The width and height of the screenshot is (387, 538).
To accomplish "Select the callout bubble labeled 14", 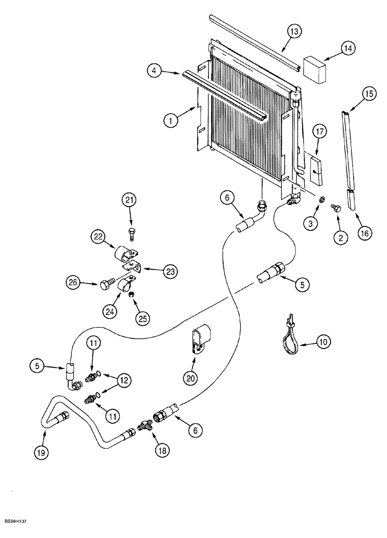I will point(348,49).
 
